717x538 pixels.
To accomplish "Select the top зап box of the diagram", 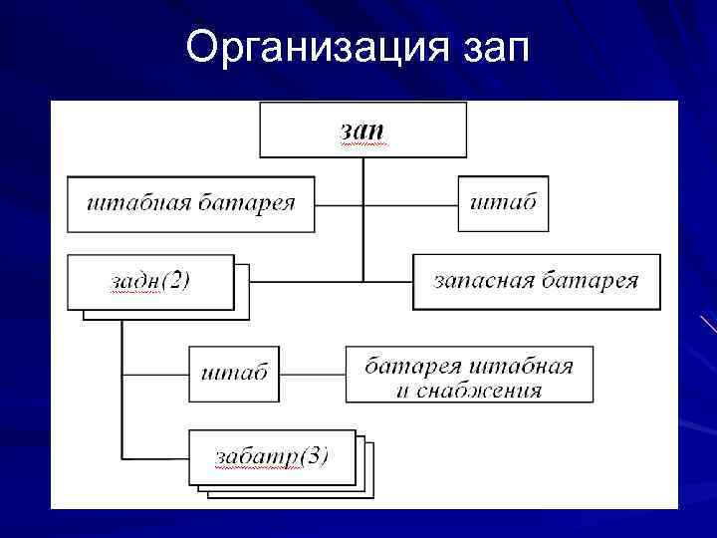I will click(x=362, y=130).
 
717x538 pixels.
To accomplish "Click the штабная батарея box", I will click(x=191, y=204).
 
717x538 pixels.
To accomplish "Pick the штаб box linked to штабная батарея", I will click(x=503, y=203).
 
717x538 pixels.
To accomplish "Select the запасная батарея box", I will click(x=536, y=282).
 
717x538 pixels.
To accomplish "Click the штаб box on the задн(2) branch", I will click(x=234, y=375).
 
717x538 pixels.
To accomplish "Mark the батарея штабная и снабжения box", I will click(x=468, y=375).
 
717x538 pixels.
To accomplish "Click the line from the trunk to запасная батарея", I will click(x=388, y=281).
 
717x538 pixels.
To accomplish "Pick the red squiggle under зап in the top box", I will click(x=362, y=144).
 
